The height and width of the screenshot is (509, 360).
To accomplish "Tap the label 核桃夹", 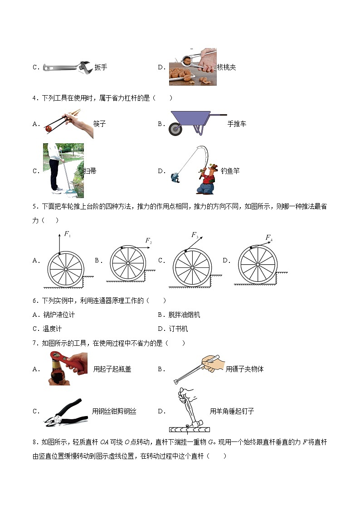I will pos(226,67).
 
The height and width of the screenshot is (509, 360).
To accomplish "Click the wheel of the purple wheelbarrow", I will pos(175,129).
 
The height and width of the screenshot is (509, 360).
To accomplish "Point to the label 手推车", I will pos(237,124).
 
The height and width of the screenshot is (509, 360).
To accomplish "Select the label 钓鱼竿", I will pos(230,171).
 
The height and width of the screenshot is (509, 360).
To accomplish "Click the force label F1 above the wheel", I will pos(67,234).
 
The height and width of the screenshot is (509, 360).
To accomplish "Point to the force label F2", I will pos(148,241).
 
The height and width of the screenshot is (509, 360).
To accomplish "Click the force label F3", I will pos(194,235).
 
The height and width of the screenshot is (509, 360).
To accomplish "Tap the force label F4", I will pos(269,238).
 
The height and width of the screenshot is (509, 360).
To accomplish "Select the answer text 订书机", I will pos(178,329).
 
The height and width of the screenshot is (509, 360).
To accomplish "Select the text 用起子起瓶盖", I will pos(112,369).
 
